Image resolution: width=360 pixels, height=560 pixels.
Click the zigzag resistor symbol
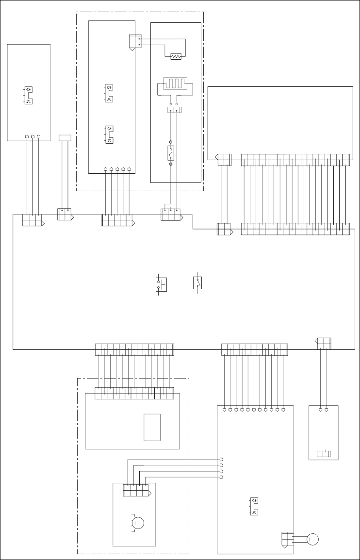[x=176, y=57]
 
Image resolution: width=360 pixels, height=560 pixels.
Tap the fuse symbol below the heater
[x=171, y=153]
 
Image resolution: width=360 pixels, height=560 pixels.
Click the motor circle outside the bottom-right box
[x=313, y=539]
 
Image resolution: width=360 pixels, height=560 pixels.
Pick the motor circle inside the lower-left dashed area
[x=138, y=523]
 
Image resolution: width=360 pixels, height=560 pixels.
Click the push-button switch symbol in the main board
[x=160, y=285]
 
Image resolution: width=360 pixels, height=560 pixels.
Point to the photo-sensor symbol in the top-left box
[x=28, y=95]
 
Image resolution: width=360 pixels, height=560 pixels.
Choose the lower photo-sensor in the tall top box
[x=109, y=134]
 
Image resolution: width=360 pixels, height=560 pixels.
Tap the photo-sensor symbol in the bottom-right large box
[x=254, y=506]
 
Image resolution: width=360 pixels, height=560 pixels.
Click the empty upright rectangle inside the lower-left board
[x=152, y=427]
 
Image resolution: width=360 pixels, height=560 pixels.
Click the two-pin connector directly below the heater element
[x=174, y=111]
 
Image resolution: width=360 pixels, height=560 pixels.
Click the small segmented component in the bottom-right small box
[x=323, y=454]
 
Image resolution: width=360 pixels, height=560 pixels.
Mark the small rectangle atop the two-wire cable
[x=65, y=138]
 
